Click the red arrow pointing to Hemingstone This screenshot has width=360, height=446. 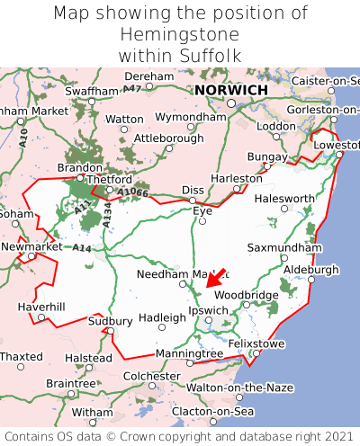(215, 278)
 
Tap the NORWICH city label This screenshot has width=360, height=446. (231, 91)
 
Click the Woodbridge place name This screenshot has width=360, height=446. (246, 295)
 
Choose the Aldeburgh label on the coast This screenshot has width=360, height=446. (310, 270)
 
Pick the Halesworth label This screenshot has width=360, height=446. (285, 199)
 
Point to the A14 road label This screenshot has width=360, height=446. (82, 247)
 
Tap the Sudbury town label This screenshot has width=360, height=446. (110, 321)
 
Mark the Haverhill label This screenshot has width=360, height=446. (41, 308)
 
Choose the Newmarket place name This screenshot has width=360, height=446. (31, 246)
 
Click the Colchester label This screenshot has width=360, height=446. (152, 376)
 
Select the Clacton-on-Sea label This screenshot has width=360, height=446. (213, 411)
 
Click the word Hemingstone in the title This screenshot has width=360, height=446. (179, 35)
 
